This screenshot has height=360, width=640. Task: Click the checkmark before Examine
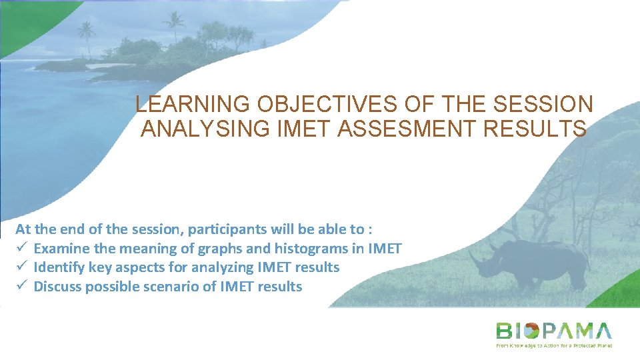point(21,249)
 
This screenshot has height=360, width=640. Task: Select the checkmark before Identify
point(21,267)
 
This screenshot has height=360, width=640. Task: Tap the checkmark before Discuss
point(21,287)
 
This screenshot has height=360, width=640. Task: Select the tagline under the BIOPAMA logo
point(553,345)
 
